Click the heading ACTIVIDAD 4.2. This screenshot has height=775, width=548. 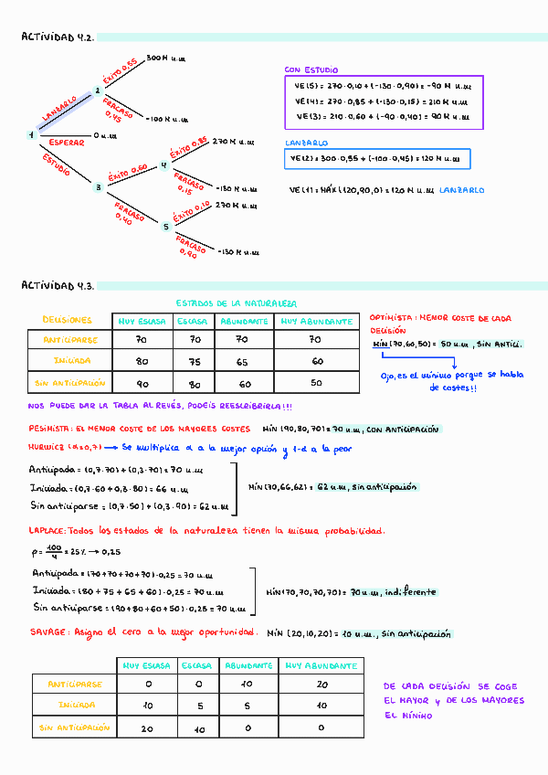pos(58,37)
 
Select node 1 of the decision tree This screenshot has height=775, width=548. pos(31,135)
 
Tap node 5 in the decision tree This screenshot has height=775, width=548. pos(165,226)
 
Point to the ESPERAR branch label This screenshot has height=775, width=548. pos(66,143)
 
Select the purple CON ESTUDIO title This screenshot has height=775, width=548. pos(311,69)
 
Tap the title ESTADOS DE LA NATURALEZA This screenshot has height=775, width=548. pos(235,303)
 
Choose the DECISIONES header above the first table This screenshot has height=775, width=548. pos(68,321)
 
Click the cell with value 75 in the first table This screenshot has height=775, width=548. pos(194,361)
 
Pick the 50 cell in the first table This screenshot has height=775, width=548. pos(316,384)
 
